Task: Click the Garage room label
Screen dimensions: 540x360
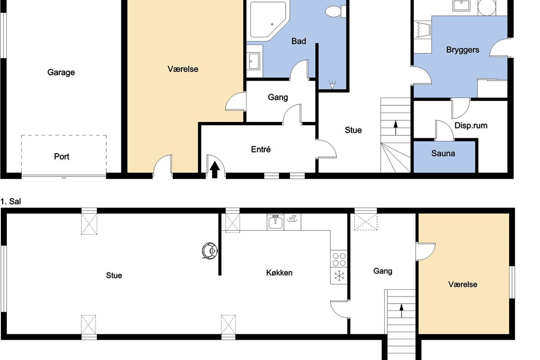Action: (61, 72)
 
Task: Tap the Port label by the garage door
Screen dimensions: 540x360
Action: (62, 157)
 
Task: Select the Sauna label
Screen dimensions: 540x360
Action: (443, 153)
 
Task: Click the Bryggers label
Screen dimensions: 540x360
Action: (463, 50)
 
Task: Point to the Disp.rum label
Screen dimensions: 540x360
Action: (471, 126)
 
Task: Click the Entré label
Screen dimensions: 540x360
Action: (261, 149)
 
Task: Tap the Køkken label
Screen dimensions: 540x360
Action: (279, 273)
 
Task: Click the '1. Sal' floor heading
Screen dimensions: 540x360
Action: (11, 201)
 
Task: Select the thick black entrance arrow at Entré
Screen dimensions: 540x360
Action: (215, 170)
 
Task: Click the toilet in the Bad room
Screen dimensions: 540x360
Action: (335, 11)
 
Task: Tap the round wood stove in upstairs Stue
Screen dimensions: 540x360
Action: (210, 251)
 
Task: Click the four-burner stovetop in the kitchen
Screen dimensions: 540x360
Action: (339, 259)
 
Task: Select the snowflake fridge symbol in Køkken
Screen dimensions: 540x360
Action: (339, 275)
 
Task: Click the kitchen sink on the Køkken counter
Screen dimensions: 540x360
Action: (275, 222)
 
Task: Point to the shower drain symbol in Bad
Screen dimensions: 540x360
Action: (332, 85)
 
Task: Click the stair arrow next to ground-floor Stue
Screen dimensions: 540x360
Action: (396, 128)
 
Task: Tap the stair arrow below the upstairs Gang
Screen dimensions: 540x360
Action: (401, 310)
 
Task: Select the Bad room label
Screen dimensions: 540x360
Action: (299, 41)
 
